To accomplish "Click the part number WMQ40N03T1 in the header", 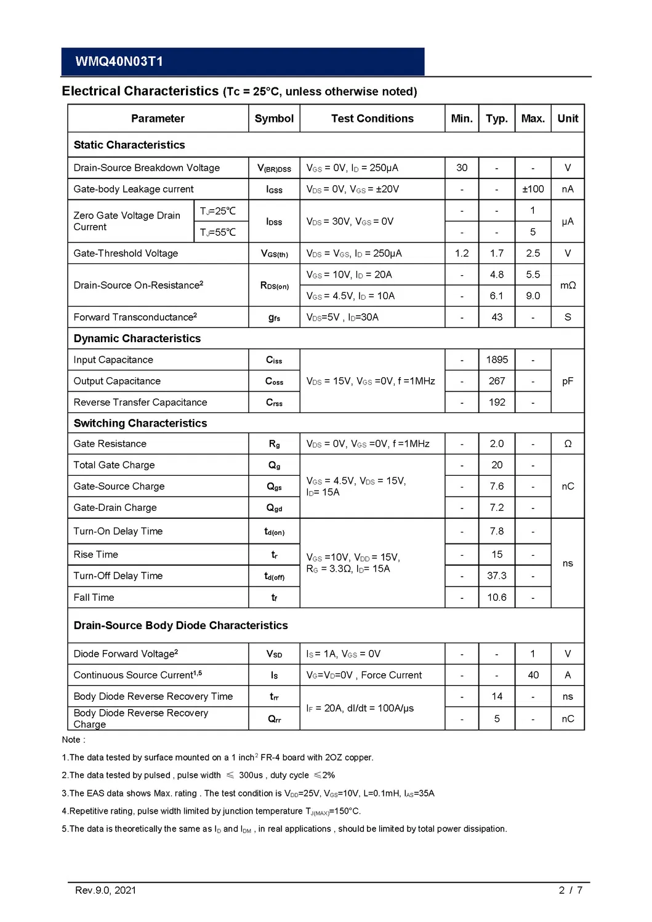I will [x=119, y=62].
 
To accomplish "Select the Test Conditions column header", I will [x=372, y=119].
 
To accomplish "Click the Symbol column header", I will [x=274, y=119].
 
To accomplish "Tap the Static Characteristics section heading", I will [x=129, y=145].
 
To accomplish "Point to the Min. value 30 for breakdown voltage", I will [x=462, y=168].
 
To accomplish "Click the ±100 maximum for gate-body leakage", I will [x=533, y=190].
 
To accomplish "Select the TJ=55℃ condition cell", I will [x=218, y=232].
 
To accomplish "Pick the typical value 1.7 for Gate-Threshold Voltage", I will [x=497, y=254].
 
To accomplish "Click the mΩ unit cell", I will [x=568, y=286].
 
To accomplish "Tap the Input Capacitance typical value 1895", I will [x=497, y=360].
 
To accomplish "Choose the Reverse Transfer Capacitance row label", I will [x=140, y=403].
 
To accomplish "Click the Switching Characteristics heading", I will [x=140, y=423].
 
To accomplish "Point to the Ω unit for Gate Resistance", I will [x=568, y=444].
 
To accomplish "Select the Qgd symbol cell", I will [x=274, y=508].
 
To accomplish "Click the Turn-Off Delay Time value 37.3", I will [x=497, y=576].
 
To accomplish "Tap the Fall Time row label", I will [x=94, y=598].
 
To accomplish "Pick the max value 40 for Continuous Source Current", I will [x=533, y=675].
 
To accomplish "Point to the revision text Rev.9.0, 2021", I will [x=105, y=890].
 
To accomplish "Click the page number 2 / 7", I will [x=570, y=890].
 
